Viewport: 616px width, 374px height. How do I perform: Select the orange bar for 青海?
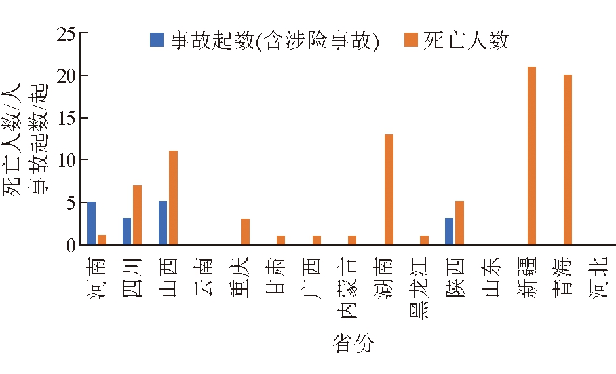coord(568,160)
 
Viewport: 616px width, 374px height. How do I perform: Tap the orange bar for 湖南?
coord(389,189)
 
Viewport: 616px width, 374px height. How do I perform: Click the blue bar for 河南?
coord(91,223)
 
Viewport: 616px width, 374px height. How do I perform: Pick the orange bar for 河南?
coord(102,240)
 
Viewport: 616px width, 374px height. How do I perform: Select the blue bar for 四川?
coord(126,231)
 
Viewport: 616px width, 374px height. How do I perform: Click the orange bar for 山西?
coord(173,198)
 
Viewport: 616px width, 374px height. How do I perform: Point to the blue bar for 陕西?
coord(449,231)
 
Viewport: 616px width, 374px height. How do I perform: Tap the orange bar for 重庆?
coord(245,232)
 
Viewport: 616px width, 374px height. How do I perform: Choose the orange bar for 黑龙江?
coord(424,240)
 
